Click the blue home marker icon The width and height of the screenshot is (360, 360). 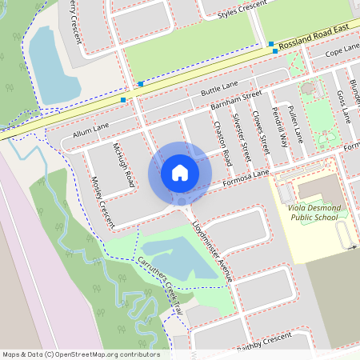180,173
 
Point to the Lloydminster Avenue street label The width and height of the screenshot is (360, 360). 213,249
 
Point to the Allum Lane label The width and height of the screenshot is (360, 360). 90,130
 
